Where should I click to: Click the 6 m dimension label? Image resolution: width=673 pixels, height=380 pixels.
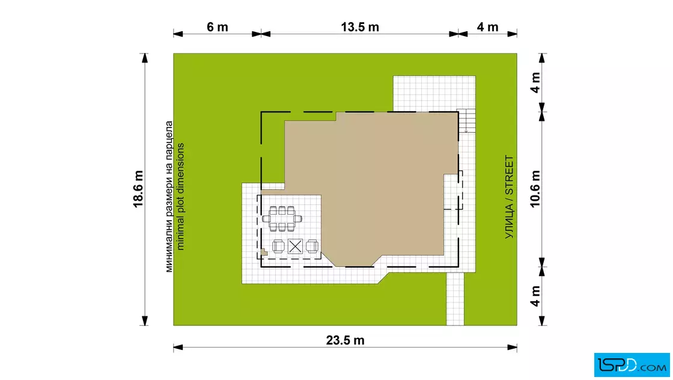pyautogui.click(x=217, y=27)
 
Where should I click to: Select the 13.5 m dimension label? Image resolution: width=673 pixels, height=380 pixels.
pyautogui.click(x=360, y=27)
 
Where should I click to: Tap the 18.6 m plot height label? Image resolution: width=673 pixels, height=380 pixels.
pyautogui.click(x=138, y=189)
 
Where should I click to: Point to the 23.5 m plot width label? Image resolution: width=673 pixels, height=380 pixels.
pyautogui.click(x=345, y=340)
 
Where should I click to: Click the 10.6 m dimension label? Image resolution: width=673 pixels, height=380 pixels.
pyautogui.click(x=535, y=189)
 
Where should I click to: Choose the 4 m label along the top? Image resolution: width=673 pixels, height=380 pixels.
pyautogui.click(x=487, y=27)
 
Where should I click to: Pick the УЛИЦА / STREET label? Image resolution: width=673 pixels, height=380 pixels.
pyautogui.click(x=509, y=197)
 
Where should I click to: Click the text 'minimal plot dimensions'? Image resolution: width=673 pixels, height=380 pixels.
pyautogui.click(x=180, y=196)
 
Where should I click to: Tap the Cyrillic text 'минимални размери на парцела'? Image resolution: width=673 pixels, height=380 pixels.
pyautogui.click(x=169, y=196)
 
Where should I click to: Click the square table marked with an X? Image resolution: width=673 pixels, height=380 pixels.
pyautogui.click(x=295, y=247)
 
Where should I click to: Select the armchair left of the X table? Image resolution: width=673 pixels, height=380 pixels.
pyautogui.click(x=278, y=247)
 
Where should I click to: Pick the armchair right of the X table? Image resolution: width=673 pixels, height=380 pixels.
pyautogui.click(x=312, y=247)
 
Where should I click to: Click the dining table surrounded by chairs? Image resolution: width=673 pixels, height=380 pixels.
pyautogui.click(x=282, y=218)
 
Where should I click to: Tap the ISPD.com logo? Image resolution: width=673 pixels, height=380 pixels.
pyautogui.click(x=632, y=365)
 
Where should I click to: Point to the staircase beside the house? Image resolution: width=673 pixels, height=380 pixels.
pyautogui.click(x=466, y=121)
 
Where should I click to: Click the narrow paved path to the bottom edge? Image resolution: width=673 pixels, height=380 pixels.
pyautogui.click(x=455, y=299)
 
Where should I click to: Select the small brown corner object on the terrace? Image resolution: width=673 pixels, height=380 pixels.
pyautogui.click(x=264, y=253)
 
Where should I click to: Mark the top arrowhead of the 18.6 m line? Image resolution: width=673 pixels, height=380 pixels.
pyautogui.click(x=145, y=58)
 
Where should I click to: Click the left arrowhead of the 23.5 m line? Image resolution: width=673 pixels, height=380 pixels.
pyautogui.click(x=178, y=348)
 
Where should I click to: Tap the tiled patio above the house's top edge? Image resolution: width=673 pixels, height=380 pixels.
pyautogui.click(x=434, y=94)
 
